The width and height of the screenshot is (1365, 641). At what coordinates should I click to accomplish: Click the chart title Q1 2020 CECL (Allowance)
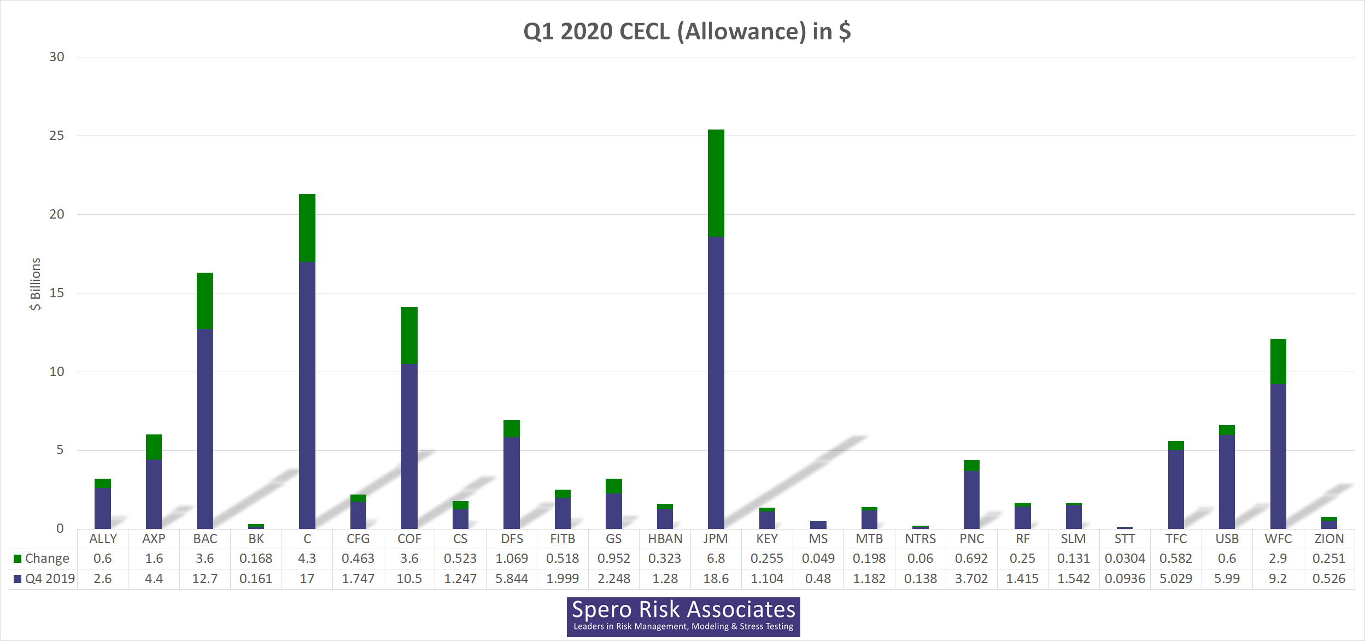pyautogui.click(x=687, y=31)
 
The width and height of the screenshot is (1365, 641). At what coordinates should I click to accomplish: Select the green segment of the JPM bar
pyautogui.click(x=716, y=183)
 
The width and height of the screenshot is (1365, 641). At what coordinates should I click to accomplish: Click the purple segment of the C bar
pyautogui.click(x=307, y=393)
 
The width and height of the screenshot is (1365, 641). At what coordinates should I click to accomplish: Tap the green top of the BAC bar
pyautogui.click(x=205, y=301)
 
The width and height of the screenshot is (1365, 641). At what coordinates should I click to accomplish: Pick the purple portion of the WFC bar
pyautogui.click(x=1278, y=456)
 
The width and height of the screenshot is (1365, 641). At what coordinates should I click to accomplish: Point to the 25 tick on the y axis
pyautogui.click(x=57, y=136)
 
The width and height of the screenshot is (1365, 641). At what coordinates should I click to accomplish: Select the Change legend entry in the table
pyautogui.click(x=42, y=558)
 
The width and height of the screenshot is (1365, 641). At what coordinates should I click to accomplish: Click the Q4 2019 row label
pyautogui.click(x=45, y=579)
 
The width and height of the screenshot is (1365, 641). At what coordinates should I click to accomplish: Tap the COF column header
pyautogui.click(x=409, y=539)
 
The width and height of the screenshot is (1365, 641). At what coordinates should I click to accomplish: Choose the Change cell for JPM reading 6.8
pyautogui.click(x=716, y=558)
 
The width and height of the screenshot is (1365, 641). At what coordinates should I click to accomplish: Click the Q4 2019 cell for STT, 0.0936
pyautogui.click(x=1124, y=579)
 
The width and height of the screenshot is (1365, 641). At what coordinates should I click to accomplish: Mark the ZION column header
pyautogui.click(x=1329, y=539)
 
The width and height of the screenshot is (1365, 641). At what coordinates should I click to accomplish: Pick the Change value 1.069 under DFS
pyautogui.click(x=511, y=558)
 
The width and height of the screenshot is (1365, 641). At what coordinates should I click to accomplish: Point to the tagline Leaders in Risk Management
pyautogui.click(x=683, y=627)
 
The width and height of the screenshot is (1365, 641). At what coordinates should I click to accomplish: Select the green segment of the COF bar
pyautogui.click(x=409, y=335)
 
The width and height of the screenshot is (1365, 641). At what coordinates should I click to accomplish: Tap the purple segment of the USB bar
pyautogui.click(x=1227, y=481)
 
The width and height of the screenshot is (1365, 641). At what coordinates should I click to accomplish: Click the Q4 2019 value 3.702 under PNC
pyautogui.click(x=971, y=579)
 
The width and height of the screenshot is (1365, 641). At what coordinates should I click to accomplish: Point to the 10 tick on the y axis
pyautogui.click(x=57, y=372)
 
